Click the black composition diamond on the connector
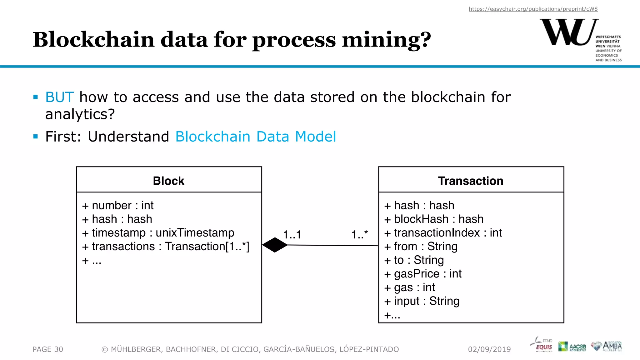click(275, 245)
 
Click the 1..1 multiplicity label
click(292, 235)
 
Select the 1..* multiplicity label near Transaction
click(360, 234)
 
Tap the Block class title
click(169, 181)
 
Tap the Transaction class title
click(471, 181)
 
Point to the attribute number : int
click(118, 206)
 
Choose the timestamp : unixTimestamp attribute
click(158, 233)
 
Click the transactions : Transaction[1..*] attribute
click(166, 247)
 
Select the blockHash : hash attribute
click(434, 219)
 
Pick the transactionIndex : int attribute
click(443, 233)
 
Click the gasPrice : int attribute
click(423, 274)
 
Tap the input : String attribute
click(422, 301)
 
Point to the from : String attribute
click(421, 247)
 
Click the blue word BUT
click(59, 97)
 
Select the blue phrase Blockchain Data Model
click(256, 137)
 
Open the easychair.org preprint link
click(533, 9)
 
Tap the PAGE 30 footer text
click(48, 349)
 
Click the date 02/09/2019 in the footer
click(489, 349)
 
